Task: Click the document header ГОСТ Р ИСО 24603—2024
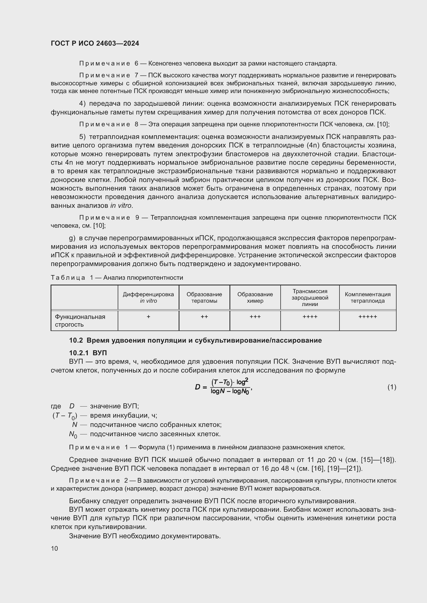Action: (x=95, y=43)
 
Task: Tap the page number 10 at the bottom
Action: (x=54, y=548)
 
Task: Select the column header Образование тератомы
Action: (x=204, y=298)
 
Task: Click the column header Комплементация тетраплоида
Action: (x=367, y=298)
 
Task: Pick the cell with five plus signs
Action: (x=367, y=317)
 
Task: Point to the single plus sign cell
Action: (x=148, y=317)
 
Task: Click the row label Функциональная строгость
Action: (x=80, y=320)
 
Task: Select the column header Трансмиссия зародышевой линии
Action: (x=310, y=298)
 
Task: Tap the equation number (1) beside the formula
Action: (x=392, y=387)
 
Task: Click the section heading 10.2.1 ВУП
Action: (x=88, y=353)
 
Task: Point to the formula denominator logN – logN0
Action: (x=230, y=392)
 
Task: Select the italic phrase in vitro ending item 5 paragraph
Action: (x=121, y=206)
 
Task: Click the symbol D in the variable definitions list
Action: (x=72, y=406)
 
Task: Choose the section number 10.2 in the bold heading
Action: (x=76, y=340)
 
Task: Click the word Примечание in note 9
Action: (x=104, y=218)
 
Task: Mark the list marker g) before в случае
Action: (x=72, y=238)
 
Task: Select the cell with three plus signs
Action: (x=255, y=317)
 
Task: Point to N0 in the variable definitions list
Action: (x=73, y=434)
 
